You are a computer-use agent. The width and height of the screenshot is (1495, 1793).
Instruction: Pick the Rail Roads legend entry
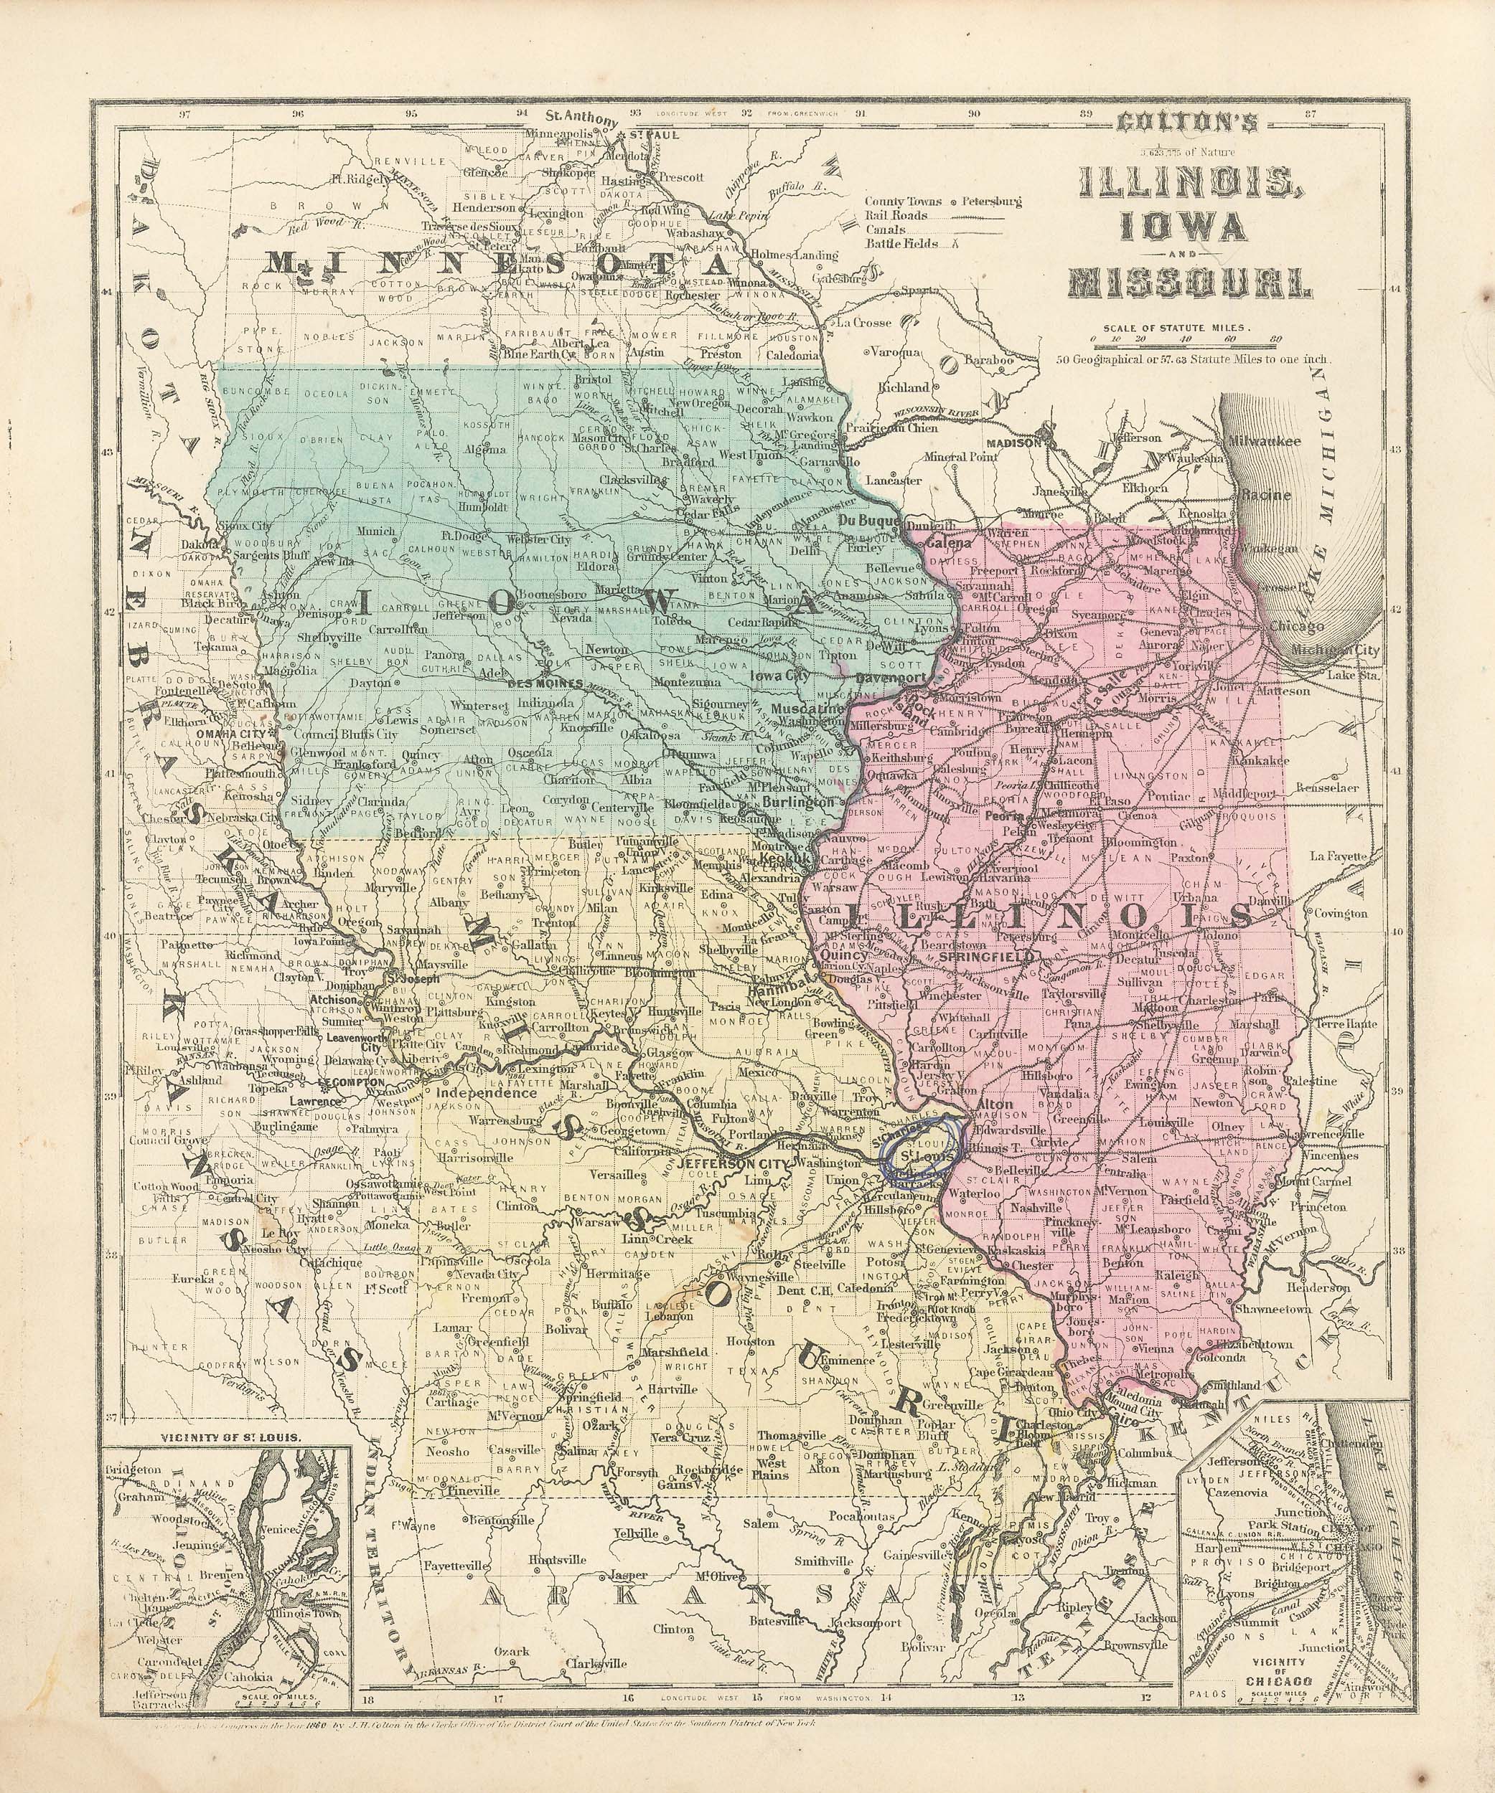[x=897, y=216]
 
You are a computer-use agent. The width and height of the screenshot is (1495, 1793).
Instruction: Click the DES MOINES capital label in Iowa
[x=545, y=684]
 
